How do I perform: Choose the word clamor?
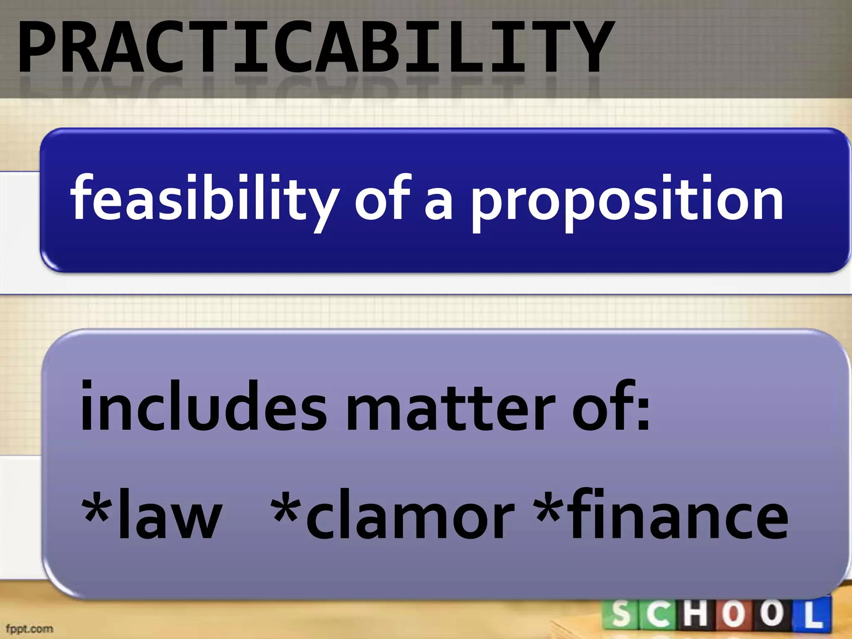pos(410,516)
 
